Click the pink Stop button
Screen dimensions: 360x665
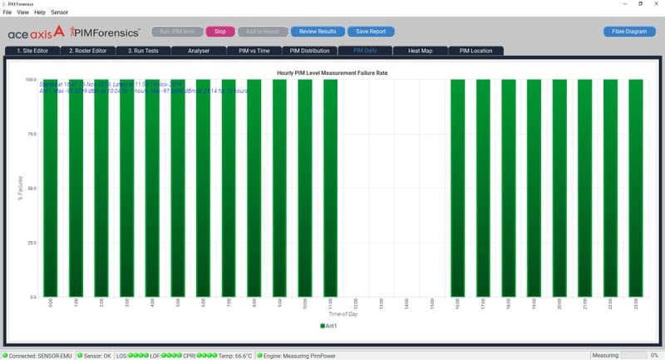tap(219, 32)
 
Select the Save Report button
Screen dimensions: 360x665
tap(371, 32)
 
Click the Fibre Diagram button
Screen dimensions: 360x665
tap(629, 32)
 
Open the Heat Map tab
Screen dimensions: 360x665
tap(419, 51)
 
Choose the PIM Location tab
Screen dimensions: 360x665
tap(475, 51)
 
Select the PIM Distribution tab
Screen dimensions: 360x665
tap(308, 51)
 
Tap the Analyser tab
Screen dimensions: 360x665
tap(199, 51)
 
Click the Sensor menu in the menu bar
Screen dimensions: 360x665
tap(59, 12)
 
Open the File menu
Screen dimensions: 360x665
tap(7, 12)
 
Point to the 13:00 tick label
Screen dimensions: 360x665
tap(382, 304)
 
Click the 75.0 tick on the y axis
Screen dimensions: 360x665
tap(31, 135)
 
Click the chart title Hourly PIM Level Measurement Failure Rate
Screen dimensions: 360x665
tap(332, 73)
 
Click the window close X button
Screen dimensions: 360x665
tap(654, 4)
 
